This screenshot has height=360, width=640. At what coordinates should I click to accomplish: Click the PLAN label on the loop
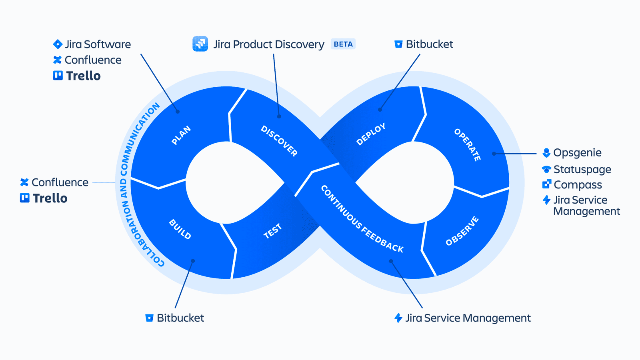point(181,135)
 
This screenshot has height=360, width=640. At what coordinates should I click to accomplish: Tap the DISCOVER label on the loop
point(279,141)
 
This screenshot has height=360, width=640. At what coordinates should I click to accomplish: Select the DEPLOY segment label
point(371,134)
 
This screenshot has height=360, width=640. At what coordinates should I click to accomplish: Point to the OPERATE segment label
point(467,145)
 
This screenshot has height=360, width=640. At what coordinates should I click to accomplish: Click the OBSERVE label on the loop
point(462,231)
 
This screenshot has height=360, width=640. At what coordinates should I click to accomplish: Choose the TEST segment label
point(273,231)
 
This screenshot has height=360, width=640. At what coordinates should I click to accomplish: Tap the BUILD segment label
point(180,229)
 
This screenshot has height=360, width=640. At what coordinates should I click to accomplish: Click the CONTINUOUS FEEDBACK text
point(362,219)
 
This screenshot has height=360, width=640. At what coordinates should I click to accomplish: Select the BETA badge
point(343,44)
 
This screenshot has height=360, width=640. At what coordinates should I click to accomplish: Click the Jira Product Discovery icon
point(200,44)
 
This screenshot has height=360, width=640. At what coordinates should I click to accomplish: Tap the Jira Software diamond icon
point(58,44)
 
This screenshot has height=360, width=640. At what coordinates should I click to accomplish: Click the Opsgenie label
point(577,153)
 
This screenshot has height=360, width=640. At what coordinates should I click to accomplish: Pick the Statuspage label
point(582,170)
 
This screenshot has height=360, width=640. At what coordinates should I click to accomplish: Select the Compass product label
point(578,185)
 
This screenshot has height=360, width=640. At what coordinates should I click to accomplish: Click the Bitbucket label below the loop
point(180,318)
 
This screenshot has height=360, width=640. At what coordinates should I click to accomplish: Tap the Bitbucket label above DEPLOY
point(429,44)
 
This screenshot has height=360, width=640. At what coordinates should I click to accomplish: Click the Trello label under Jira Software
point(83,76)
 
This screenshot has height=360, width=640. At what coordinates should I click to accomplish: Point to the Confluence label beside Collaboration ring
point(60,182)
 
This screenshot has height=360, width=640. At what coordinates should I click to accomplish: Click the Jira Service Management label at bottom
point(468,318)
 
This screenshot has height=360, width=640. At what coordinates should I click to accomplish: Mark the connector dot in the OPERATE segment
point(494,154)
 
